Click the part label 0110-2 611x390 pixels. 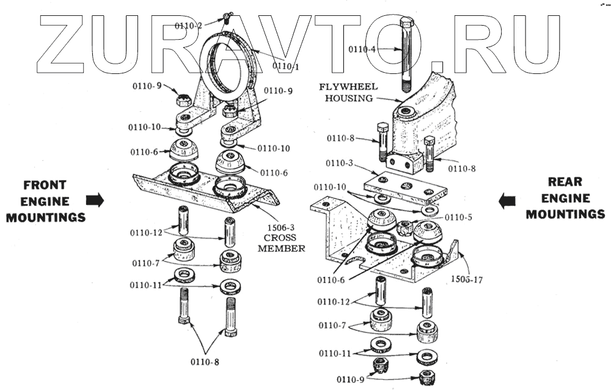click(x=188, y=26)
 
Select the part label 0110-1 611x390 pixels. click(x=285, y=65)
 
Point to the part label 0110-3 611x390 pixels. click(x=340, y=163)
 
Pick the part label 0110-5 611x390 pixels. click(x=459, y=217)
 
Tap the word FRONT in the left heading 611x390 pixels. click(x=45, y=185)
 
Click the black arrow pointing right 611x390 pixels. click(x=95, y=199)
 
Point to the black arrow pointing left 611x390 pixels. click(x=507, y=201)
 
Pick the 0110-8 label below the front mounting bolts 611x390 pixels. click(x=204, y=361)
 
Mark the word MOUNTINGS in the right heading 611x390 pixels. click(x=565, y=214)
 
